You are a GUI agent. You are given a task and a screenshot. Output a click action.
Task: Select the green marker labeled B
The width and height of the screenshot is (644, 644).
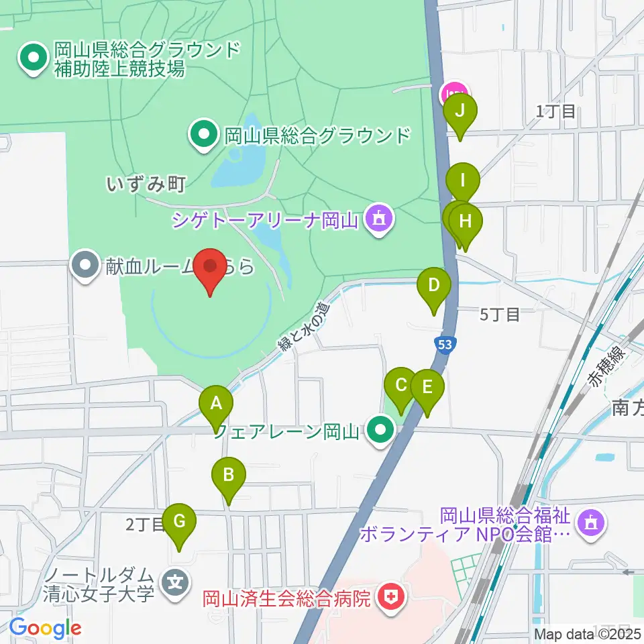pos(228,476)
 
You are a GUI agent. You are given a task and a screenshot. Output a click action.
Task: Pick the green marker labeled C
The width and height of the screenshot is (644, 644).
pos(401,386)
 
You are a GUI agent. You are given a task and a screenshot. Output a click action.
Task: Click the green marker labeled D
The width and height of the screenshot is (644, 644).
pos(434,286)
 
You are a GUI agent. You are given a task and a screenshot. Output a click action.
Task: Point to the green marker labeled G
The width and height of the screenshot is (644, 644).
pos(179,522)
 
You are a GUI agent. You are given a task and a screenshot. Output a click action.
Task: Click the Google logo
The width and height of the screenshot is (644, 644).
pos(45,629)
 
